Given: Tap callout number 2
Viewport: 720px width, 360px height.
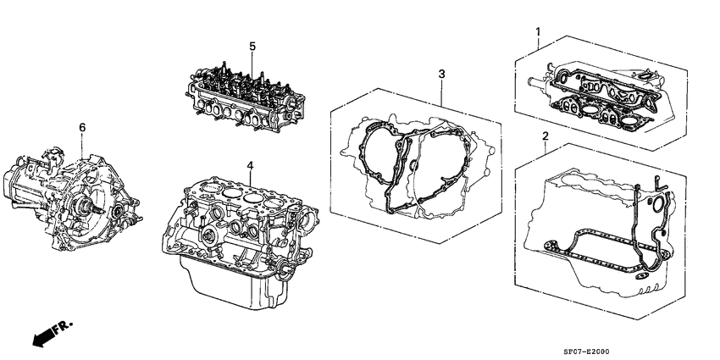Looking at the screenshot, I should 545,136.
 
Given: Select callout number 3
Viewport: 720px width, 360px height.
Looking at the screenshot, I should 441,75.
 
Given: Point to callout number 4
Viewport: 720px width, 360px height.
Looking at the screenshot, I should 249,164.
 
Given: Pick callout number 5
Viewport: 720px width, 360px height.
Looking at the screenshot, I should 251,45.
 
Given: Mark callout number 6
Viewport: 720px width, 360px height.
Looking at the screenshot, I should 82,127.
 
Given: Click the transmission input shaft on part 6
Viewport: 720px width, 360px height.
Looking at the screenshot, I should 94,208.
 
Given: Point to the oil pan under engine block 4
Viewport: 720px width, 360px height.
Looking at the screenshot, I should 229,280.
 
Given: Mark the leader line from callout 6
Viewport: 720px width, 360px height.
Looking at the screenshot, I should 82,144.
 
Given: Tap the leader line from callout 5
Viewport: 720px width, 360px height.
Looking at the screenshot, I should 251,60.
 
